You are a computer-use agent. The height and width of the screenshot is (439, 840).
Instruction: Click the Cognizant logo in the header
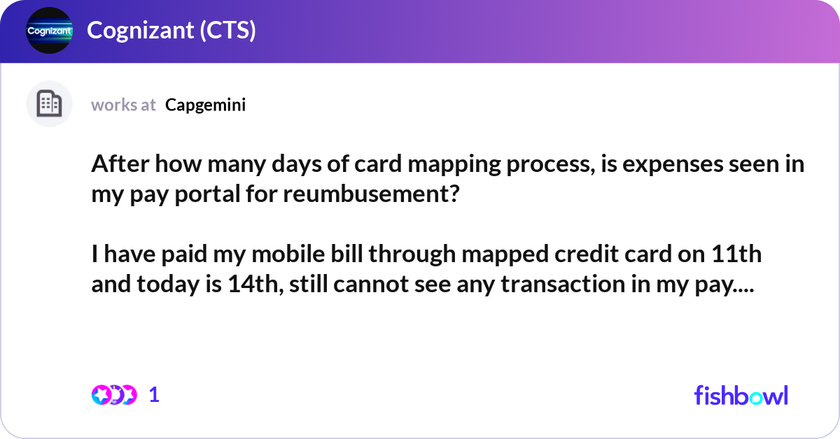pos(49,31)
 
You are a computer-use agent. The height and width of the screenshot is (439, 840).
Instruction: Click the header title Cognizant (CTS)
pos(171,31)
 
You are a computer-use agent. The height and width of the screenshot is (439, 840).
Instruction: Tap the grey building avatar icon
pos(49,104)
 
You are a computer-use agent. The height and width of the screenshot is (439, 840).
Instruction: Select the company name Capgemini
pos(205,105)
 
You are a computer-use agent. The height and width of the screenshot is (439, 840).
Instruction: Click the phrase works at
pos(123,105)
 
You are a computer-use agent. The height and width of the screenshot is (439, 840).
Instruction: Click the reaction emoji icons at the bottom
pos(113,394)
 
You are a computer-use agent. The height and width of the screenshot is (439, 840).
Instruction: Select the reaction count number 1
pos(155,395)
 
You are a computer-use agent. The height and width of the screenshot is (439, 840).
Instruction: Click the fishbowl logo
pos(741,395)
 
